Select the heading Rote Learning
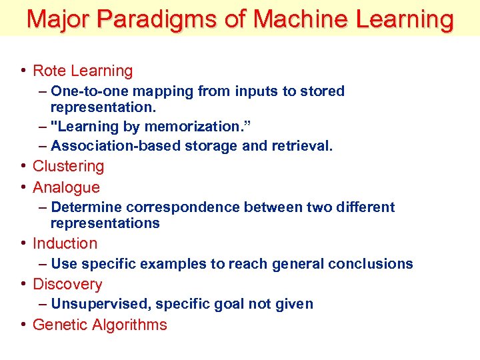[83, 71]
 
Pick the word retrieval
[299, 145]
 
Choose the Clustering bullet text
[68, 166]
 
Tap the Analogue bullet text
[66, 187]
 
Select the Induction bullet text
[65, 243]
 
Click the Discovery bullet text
[67, 284]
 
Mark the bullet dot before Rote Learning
[23, 71]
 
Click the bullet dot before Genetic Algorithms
[23, 325]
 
